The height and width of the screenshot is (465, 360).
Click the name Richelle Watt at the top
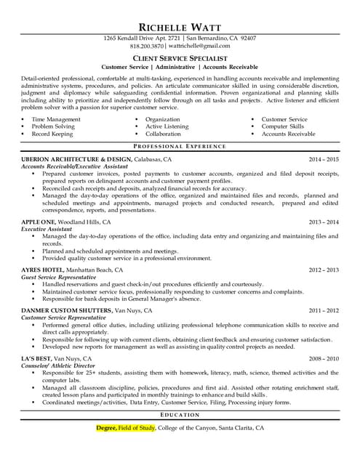[x=180, y=20]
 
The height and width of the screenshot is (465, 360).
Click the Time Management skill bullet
[x=56, y=118]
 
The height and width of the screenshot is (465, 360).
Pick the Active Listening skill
[x=167, y=126]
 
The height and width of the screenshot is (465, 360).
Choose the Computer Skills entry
[x=282, y=126]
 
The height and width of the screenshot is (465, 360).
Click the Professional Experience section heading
[x=180, y=146]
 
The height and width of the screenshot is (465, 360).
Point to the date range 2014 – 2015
[x=324, y=158]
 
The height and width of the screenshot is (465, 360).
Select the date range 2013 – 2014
[x=324, y=222]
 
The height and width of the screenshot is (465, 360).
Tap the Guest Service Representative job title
[x=59, y=277]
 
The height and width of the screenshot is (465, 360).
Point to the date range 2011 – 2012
[x=324, y=310]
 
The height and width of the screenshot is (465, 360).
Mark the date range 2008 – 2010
[x=324, y=358]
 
